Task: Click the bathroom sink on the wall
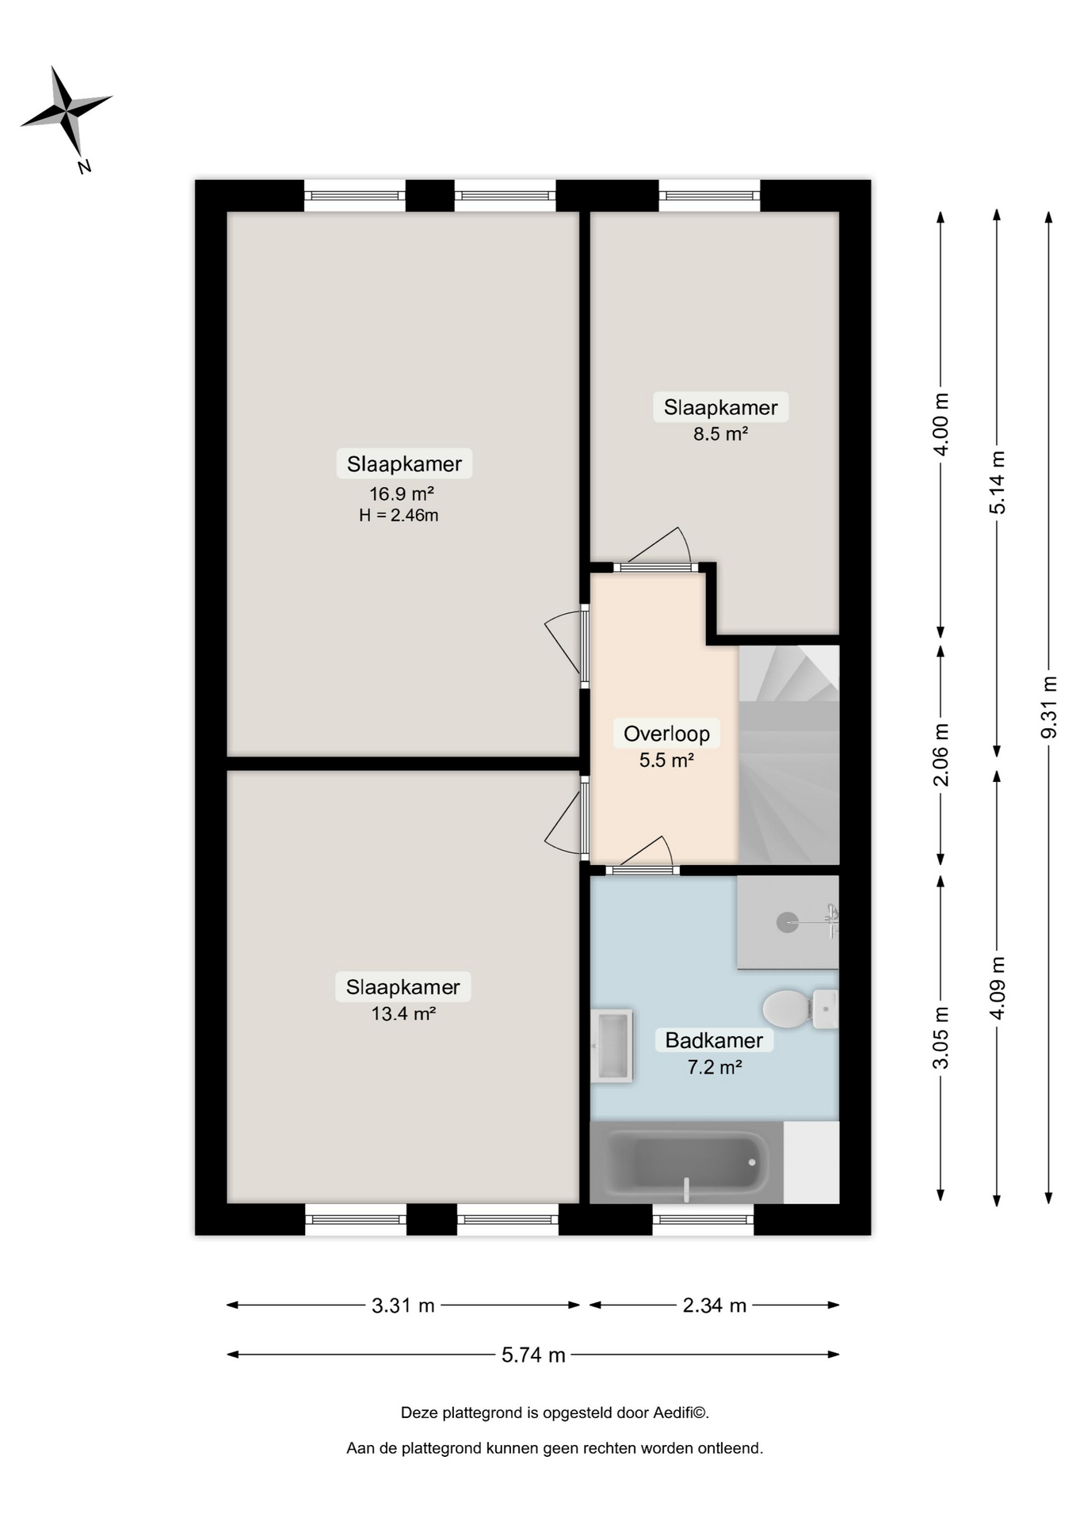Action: (612, 1046)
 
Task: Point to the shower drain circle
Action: (787, 922)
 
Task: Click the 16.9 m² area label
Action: (402, 494)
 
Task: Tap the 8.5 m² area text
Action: (721, 433)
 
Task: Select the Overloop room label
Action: (666, 734)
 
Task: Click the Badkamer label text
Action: (714, 1040)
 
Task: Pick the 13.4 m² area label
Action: (403, 1013)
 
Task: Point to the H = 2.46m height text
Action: (399, 516)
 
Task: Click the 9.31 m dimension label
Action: (1049, 707)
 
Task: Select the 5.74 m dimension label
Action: (533, 1355)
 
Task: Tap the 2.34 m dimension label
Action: (715, 1305)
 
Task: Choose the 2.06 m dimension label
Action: (941, 755)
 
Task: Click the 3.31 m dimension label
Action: (403, 1305)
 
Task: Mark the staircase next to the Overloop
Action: (789, 754)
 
